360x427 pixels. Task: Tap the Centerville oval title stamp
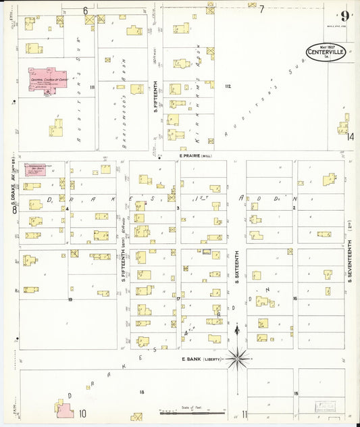pos(327,52)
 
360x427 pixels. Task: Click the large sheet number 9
pos(345,16)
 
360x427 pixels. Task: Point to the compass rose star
pos(237,359)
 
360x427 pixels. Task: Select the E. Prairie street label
pos(196,155)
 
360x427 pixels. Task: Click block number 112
pos(228,86)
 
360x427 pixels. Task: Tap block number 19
pos(70,298)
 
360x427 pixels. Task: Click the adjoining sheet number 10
pos(82,413)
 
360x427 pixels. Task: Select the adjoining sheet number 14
pos(350,136)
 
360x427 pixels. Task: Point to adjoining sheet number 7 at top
pos(261,9)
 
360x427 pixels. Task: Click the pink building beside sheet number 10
pos(65,408)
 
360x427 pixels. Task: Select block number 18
pos(142,392)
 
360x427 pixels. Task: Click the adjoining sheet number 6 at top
pos(86,10)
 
